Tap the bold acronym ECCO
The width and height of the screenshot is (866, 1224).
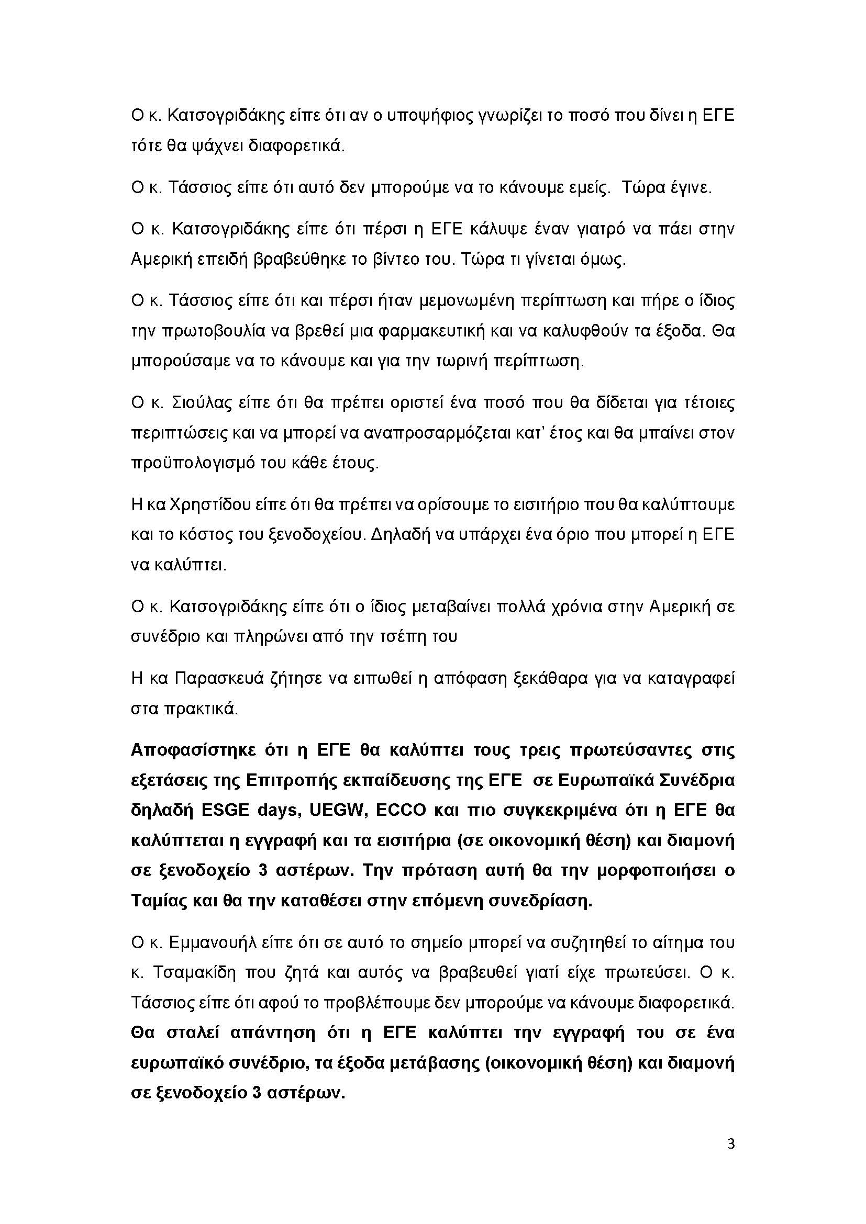[401, 810]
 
